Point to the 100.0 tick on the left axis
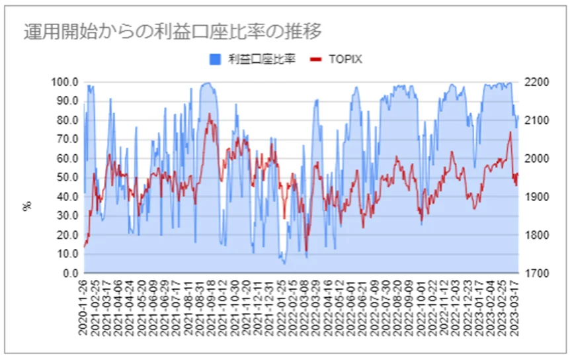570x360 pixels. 65,82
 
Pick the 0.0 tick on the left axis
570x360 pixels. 70,273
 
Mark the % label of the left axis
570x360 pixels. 27,206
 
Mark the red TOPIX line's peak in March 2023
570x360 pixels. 510,132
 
